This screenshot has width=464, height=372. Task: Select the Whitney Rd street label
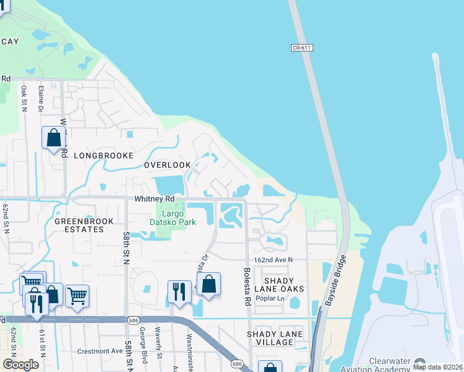[x=154, y=199]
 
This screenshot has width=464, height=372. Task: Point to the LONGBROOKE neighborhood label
[x=104, y=156]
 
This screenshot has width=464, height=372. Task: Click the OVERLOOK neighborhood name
[x=167, y=165]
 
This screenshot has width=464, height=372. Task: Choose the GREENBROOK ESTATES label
[x=79, y=225]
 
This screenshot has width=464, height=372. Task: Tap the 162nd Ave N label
[x=272, y=260]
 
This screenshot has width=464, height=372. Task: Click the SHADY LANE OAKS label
[x=277, y=285]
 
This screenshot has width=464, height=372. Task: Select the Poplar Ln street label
[x=272, y=298]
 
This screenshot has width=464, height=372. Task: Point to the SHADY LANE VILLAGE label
[x=275, y=339]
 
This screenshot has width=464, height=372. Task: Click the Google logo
[x=20, y=365]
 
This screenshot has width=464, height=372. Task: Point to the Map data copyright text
[x=437, y=367]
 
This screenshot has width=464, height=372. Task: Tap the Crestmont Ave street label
[x=99, y=351]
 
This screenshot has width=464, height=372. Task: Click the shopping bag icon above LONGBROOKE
[x=53, y=137]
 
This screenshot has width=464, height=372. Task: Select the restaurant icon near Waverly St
[x=179, y=291]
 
